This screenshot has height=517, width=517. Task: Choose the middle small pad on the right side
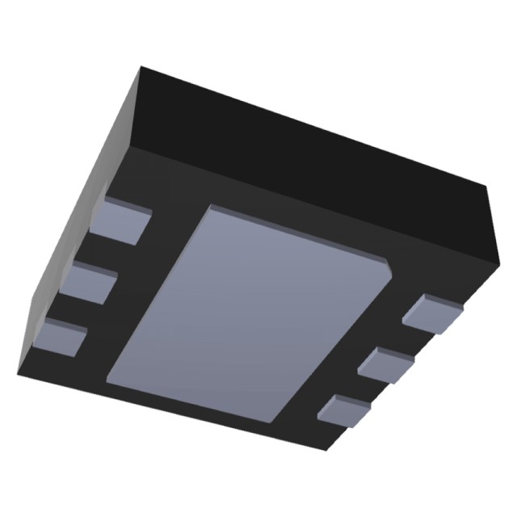[x=386, y=364]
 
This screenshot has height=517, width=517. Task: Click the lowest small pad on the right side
[x=345, y=410]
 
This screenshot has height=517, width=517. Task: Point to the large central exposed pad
[x=250, y=311]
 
